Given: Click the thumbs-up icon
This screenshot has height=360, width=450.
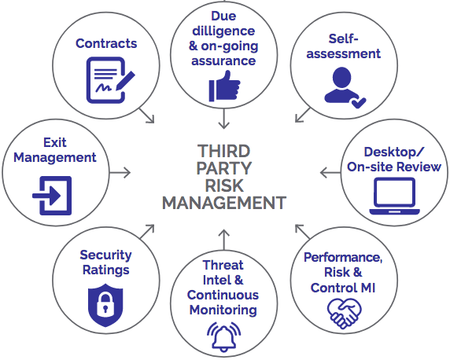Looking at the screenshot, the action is click(x=224, y=86).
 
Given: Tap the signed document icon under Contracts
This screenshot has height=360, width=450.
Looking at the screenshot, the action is click(x=110, y=80).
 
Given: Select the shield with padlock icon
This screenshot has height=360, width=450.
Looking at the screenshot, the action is click(x=105, y=305).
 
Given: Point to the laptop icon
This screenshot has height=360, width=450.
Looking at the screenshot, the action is click(x=395, y=197).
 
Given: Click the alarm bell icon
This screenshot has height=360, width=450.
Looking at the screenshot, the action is click(x=224, y=336).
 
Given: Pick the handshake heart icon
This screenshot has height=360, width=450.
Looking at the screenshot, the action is click(x=344, y=314).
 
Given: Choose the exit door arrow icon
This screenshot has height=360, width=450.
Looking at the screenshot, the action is click(x=52, y=196).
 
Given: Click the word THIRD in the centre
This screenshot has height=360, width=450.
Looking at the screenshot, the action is click(x=224, y=151).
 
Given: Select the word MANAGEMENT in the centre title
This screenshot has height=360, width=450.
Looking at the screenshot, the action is click(x=224, y=203).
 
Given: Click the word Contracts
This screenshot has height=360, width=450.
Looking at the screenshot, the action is click(x=106, y=43).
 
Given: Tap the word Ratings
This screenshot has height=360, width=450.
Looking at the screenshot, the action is click(x=106, y=270).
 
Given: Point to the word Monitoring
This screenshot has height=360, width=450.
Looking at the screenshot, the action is click(x=223, y=310).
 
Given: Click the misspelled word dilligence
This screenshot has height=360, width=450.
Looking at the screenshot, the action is click(x=223, y=31).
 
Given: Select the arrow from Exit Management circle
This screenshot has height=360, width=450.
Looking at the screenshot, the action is click(x=120, y=173).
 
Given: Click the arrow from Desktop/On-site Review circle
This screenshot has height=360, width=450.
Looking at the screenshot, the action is click(x=330, y=173).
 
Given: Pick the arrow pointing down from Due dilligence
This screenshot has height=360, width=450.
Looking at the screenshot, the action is click(x=224, y=119).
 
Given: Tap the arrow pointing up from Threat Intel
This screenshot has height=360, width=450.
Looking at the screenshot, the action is click(x=224, y=240).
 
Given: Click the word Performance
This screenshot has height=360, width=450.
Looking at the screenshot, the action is click(x=343, y=258).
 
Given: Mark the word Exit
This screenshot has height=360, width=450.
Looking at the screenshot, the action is click(x=55, y=142).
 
